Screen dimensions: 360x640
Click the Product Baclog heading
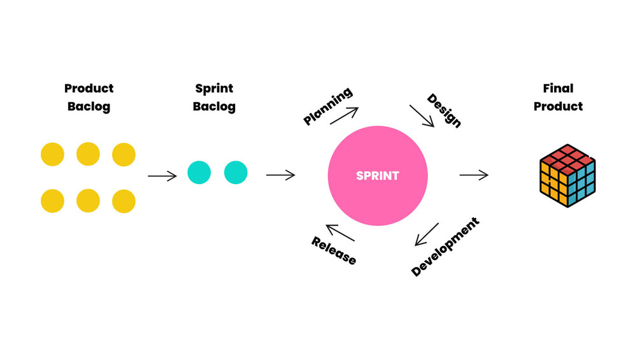(89, 97)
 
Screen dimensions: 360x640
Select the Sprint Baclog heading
(214, 97)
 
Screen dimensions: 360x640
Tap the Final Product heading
(558, 97)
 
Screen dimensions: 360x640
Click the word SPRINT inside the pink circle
(378, 176)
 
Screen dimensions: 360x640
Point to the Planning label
(328, 106)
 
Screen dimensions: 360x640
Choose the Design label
(444, 110)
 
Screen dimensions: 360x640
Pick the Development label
(445, 247)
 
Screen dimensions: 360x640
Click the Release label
(334, 250)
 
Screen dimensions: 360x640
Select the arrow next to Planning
(344, 115)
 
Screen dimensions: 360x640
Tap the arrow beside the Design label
(422, 116)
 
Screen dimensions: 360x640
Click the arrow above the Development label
(427, 234)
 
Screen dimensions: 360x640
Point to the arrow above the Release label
(339, 233)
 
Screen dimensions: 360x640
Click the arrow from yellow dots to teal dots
(162, 176)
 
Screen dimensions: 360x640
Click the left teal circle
(199, 172)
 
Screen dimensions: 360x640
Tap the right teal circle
(236, 172)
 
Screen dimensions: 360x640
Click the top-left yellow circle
(52, 154)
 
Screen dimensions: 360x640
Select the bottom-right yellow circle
(124, 201)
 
